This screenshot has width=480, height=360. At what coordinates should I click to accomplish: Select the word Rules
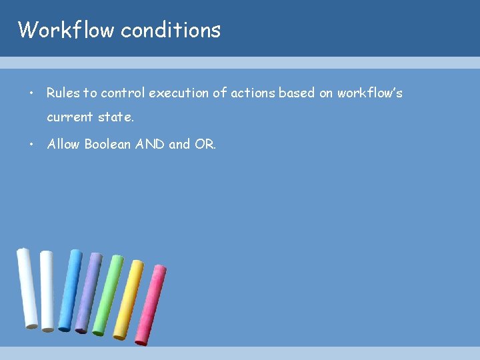[62, 93]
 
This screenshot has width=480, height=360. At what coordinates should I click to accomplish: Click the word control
[123, 93]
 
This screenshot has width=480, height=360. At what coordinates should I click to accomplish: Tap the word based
[297, 93]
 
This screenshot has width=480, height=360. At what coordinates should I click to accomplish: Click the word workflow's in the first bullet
[369, 93]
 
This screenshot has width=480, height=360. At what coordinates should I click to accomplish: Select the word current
[69, 117]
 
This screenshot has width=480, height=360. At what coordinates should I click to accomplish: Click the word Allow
[63, 144]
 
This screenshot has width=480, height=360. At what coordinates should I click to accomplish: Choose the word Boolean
[109, 144]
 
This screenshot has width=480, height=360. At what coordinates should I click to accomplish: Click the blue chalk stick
[69, 290]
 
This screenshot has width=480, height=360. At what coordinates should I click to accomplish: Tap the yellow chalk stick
[128, 299]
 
